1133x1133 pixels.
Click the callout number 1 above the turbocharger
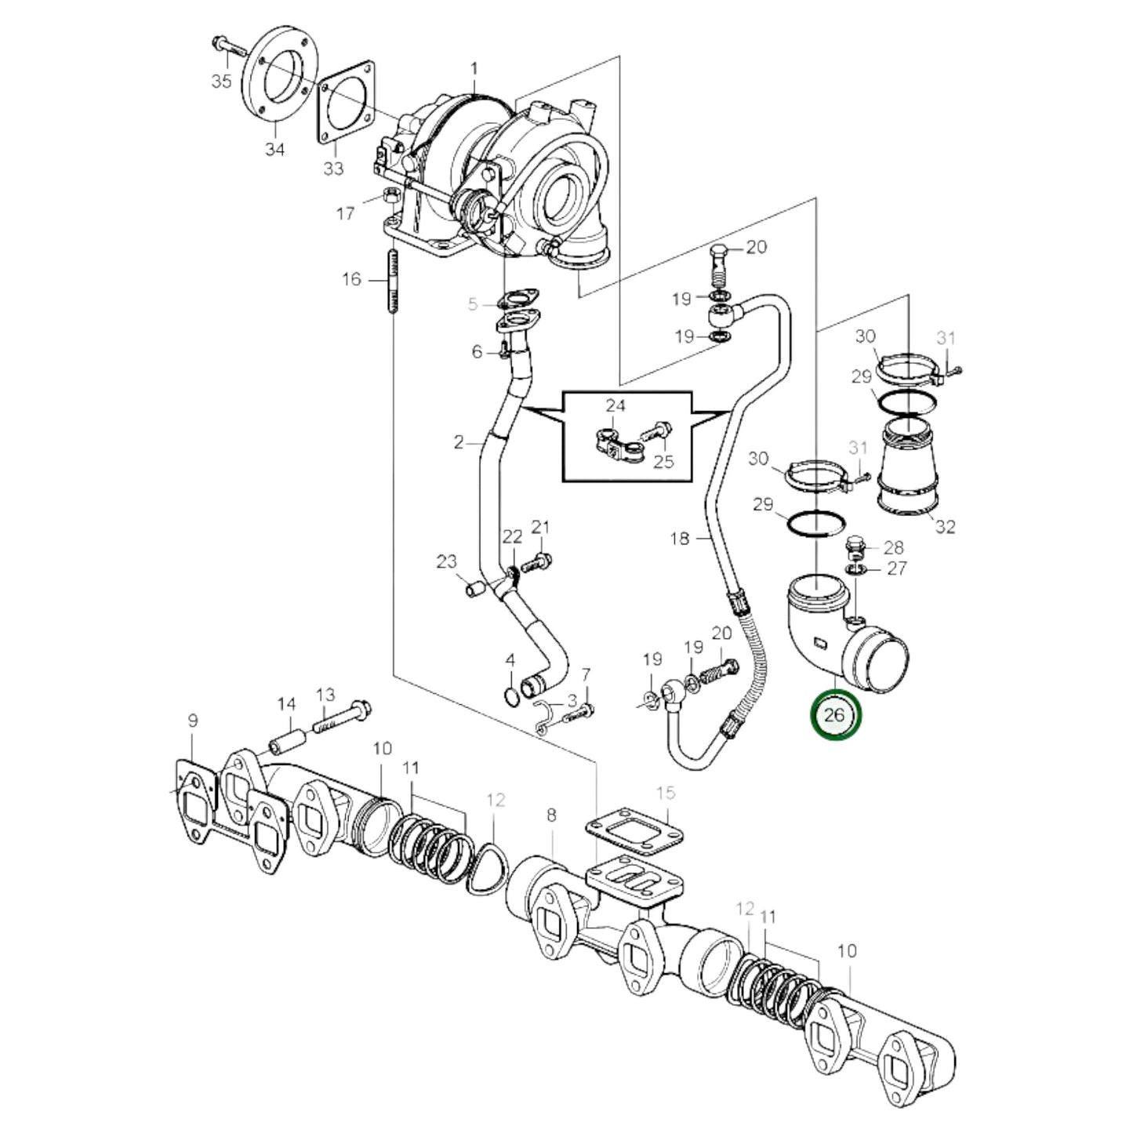[x=474, y=69]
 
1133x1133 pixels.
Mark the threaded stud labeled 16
[x=392, y=281]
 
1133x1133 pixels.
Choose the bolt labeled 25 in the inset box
[x=656, y=431]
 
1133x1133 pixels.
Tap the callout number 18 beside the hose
[x=680, y=539]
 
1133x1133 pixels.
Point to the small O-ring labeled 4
[x=510, y=694]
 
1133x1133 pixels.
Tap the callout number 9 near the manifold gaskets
[x=193, y=721]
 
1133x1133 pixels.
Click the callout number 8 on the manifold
[x=551, y=815]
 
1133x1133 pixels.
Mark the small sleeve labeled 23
[x=473, y=588]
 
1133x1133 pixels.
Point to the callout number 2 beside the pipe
[x=459, y=442]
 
